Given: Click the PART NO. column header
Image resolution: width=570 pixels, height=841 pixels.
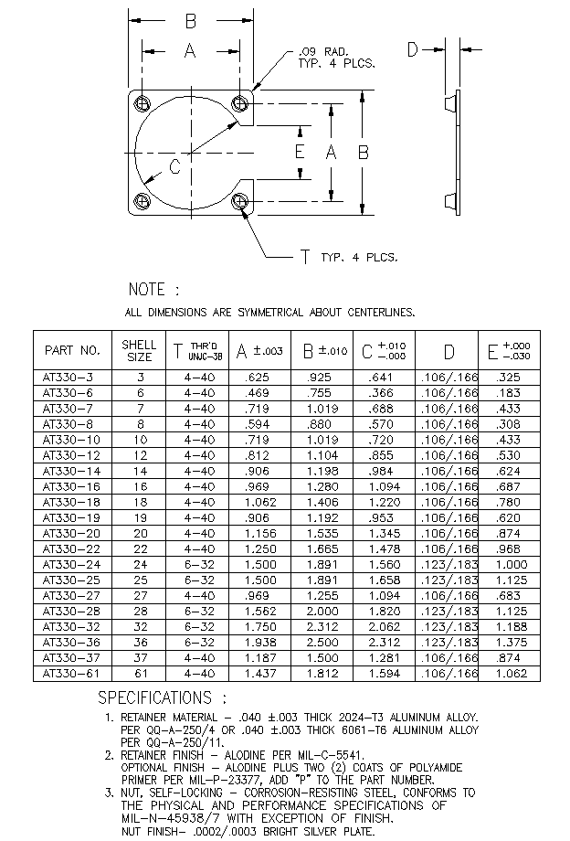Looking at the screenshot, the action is (72, 350).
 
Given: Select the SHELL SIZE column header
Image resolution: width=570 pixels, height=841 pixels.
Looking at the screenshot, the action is (139, 350).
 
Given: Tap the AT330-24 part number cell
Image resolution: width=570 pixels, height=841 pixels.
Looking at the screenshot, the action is (70, 564).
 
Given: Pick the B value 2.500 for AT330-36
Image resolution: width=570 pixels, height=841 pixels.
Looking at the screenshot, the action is (322, 642).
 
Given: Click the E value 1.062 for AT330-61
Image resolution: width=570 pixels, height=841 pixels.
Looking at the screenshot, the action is (512, 673).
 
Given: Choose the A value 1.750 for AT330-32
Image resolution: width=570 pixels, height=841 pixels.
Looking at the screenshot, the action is (260, 626).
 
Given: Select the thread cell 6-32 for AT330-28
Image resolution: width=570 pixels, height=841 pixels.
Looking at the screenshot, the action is (199, 611).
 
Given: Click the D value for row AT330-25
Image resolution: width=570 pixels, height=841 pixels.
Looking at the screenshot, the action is (449, 580).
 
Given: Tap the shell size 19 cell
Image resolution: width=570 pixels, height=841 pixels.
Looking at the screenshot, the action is (141, 517).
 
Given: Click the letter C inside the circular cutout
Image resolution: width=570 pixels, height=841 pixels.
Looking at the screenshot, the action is (175, 167).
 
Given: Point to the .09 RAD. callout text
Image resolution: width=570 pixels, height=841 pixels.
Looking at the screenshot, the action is (323, 52).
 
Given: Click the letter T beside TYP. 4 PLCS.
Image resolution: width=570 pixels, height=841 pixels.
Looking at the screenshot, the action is (305, 258).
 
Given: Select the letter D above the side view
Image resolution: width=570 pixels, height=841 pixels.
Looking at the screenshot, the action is (412, 50).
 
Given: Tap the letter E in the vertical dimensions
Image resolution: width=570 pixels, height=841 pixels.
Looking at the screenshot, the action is (300, 152).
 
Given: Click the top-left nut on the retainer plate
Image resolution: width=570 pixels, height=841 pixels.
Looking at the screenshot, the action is (143, 103).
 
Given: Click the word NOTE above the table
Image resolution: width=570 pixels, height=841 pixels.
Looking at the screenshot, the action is (147, 290).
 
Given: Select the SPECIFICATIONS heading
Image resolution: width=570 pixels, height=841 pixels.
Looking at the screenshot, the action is (154, 697).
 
